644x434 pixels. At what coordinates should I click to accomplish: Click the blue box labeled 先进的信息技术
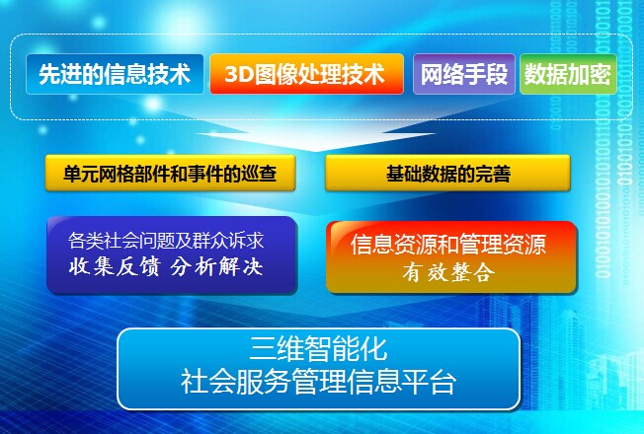coord(115,74)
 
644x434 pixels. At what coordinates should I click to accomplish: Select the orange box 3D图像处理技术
coord(306,74)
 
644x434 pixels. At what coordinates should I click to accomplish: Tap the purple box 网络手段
coord(463,74)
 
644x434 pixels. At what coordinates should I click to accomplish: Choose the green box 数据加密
coord(568,74)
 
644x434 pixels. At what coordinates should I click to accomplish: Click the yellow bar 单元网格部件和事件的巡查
coord(170,173)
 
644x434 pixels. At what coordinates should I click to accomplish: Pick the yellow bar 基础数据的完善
coord(447,173)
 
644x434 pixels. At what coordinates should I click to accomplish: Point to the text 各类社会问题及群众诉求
coord(166,241)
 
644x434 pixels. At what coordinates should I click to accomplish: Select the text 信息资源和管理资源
coord(448,244)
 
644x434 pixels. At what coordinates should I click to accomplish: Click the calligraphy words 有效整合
coord(448,272)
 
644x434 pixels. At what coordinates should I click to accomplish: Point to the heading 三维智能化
coord(318,349)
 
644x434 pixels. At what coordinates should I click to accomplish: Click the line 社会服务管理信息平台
coord(318,382)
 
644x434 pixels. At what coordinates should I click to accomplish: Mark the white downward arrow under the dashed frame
coord(316,134)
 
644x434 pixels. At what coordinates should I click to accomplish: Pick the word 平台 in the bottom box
coord(429,382)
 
